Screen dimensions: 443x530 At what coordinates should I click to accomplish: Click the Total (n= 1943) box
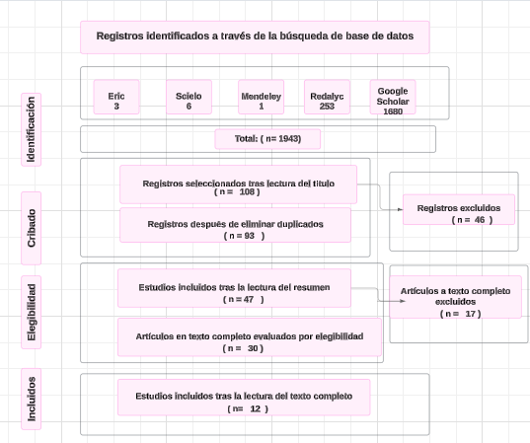click(266, 139)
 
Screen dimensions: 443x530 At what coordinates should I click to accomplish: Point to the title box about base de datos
click(255, 37)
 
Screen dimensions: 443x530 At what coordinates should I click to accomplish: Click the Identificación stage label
click(33, 129)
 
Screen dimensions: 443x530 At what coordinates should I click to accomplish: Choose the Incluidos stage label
click(33, 399)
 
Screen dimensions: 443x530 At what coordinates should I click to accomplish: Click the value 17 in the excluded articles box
click(472, 313)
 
